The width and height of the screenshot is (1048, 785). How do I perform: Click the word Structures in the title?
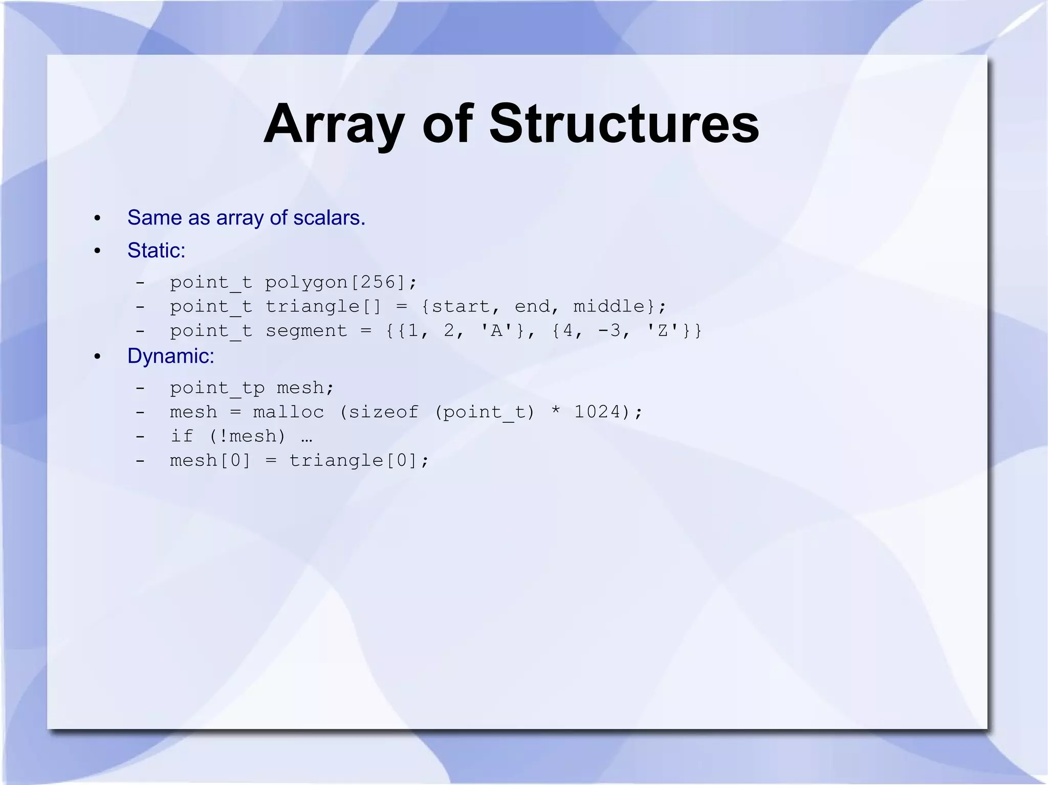(624, 124)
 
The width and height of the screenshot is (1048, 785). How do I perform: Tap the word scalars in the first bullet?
(329, 218)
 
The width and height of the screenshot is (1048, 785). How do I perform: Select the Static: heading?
(156, 251)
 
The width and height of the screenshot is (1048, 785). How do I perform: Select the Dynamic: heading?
(170, 356)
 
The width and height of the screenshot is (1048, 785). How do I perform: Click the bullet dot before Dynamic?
(97, 356)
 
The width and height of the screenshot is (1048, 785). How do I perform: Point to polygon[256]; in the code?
(341, 282)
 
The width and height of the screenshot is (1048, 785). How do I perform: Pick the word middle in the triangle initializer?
(608, 306)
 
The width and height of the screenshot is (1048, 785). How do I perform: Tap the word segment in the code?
(306, 331)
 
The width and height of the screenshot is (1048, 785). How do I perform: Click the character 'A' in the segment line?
(496, 331)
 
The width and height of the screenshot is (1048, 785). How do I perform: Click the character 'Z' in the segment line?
(663, 331)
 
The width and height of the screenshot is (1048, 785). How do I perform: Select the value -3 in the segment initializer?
(609, 331)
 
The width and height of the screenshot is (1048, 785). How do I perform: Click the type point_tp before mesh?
(217, 388)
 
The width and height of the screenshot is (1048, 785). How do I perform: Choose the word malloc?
(289, 412)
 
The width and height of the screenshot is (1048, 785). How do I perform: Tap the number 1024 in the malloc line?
(597, 412)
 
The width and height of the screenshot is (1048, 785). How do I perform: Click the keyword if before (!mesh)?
(182, 436)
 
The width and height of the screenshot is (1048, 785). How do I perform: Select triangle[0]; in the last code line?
(359, 461)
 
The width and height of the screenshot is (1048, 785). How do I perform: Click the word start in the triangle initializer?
(461, 306)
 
